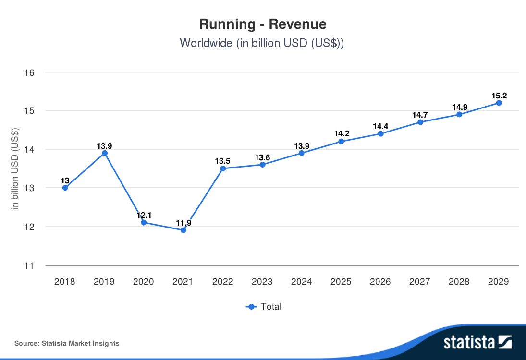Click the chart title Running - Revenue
(263, 24)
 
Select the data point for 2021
(183, 230)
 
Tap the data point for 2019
(104, 153)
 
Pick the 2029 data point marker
(499, 103)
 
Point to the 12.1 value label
(144, 215)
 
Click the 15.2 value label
(499, 96)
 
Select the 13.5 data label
(223, 161)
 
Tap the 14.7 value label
(420, 115)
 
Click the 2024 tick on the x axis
(301, 282)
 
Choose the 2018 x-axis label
(64, 282)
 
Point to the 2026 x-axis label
(380, 282)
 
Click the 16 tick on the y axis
(29, 73)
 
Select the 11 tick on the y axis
(29, 265)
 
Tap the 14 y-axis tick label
(29, 150)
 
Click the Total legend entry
(264, 307)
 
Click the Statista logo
(477, 342)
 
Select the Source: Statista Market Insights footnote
(67, 343)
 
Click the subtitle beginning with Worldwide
(263, 43)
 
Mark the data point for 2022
(222, 168)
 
